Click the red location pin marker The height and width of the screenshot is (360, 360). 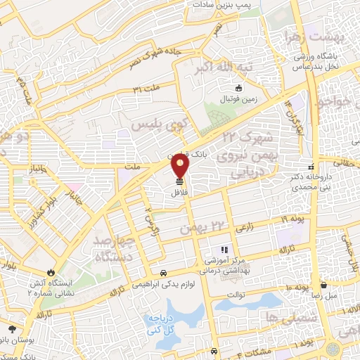(x=181, y=167)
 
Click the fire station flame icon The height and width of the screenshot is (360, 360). (x=51, y=272)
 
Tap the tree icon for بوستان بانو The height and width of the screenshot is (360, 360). (x=12, y=329)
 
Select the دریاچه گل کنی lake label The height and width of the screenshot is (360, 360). (x=159, y=324)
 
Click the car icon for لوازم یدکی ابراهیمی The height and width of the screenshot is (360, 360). (x=163, y=273)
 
